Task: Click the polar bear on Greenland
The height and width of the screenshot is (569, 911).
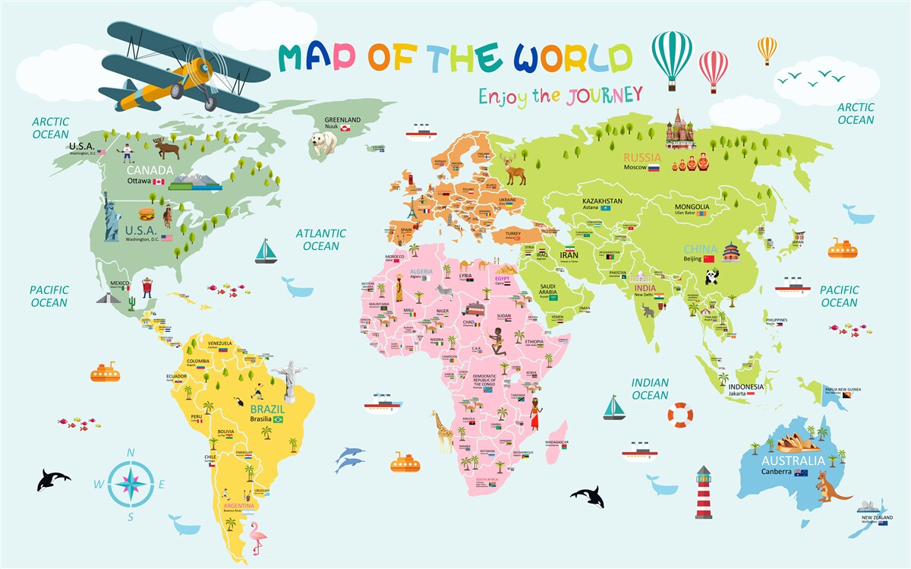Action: tap(323, 141)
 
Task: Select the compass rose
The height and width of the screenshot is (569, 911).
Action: tap(131, 484)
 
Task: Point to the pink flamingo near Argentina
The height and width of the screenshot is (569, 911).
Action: tap(257, 541)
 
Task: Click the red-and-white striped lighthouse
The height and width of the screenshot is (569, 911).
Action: tap(704, 494)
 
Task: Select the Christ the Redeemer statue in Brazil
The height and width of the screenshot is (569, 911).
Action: tap(288, 381)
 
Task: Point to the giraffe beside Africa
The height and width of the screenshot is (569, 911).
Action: tap(442, 432)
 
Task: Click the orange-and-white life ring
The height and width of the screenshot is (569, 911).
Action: tap(681, 415)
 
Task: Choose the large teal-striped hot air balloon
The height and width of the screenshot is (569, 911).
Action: tap(672, 55)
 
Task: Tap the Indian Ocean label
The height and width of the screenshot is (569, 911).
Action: tap(650, 389)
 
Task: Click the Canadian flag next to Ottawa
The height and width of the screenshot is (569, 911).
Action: tap(159, 182)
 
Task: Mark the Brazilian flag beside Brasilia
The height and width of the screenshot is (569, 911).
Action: tap(278, 419)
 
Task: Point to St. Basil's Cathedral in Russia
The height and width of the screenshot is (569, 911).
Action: tap(680, 129)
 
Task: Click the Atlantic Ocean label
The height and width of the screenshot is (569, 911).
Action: tap(320, 239)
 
